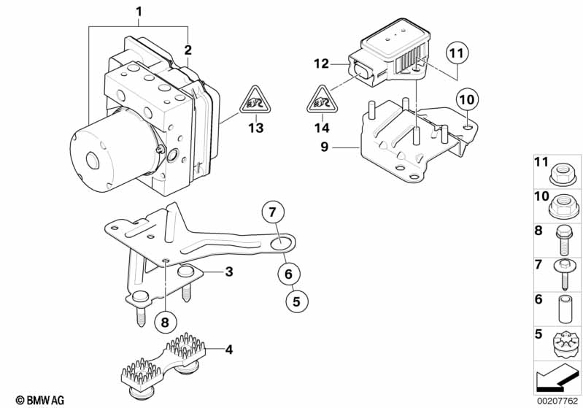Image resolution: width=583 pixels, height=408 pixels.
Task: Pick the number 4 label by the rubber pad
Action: pyautogui.click(x=228, y=350)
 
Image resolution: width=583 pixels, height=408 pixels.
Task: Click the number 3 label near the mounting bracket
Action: pyautogui.click(x=228, y=272)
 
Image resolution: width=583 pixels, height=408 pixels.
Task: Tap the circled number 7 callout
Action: pyautogui.click(x=271, y=213)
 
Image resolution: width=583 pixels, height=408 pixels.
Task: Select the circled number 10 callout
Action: pyautogui.click(x=466, y=98)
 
